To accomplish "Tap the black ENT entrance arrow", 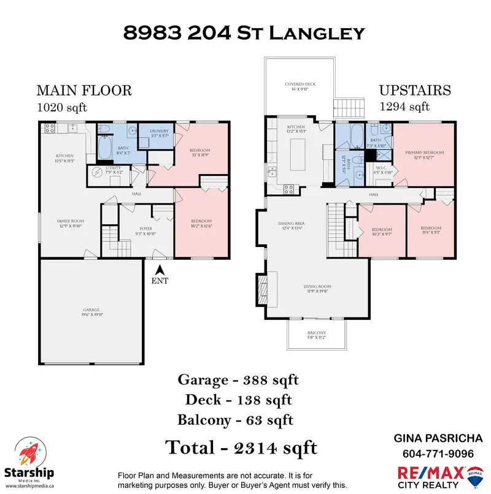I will pyautogui.click(x=160, y=268).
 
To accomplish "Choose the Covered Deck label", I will pyautogui.click(x=300, y=86).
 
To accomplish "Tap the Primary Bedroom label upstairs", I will pyautogui.click(x=424, y=156).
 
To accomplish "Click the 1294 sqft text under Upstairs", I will pyautogui.click(x=404, y=107).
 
